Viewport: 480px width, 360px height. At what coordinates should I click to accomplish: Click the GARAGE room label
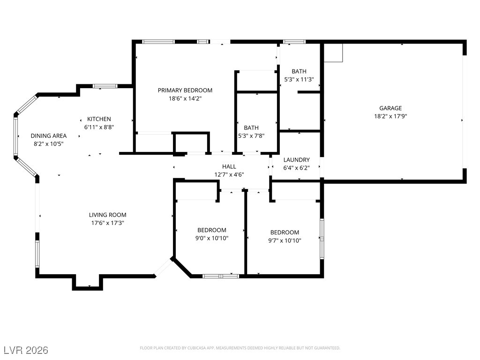(x=390, y=108)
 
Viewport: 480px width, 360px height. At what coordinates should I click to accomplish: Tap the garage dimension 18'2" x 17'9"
(x=390, y=116)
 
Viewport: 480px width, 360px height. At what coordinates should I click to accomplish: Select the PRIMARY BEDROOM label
(x=185, y=90)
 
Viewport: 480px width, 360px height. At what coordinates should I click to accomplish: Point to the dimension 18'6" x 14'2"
(x=185, y=98)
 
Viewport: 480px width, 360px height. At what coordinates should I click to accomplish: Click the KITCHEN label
(x=99, y=119)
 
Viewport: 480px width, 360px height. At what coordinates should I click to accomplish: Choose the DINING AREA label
(x=49, y=136)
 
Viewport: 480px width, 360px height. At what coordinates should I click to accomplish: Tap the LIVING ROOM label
(x=108, y=215)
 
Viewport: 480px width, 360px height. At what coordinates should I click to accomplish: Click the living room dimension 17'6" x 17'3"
(x=108, y=223)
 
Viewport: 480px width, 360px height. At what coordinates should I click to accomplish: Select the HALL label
(x=229, y=166)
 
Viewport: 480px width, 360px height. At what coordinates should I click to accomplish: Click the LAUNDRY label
(x=296, y=160)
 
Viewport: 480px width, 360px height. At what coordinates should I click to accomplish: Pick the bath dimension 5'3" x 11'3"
(x=299, y=80)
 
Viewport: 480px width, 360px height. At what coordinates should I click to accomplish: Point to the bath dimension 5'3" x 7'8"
(x=251, y=136)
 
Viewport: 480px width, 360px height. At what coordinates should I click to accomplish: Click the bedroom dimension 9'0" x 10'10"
(x=212, y=238)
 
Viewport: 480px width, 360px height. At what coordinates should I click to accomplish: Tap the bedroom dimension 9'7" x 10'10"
(x=285, y=240)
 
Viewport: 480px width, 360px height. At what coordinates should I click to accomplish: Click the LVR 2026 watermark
(x=26, y=350)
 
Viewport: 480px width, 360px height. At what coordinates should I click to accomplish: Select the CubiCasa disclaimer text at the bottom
(x=240, y=348)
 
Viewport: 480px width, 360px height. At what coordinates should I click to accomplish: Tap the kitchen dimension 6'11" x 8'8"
(x=99, y=127)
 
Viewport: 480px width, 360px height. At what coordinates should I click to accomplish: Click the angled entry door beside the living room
(x=164, y=267)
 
